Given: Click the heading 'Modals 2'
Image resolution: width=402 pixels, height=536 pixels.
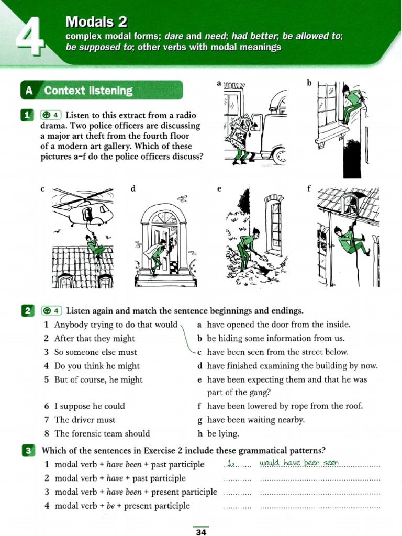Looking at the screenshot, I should [97, 22].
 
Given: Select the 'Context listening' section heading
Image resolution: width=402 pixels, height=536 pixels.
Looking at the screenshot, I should [88, 91].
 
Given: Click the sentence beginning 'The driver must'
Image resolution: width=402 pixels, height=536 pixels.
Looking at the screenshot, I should [85, 420].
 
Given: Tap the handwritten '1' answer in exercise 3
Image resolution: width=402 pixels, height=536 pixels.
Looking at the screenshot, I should [230, 463].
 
